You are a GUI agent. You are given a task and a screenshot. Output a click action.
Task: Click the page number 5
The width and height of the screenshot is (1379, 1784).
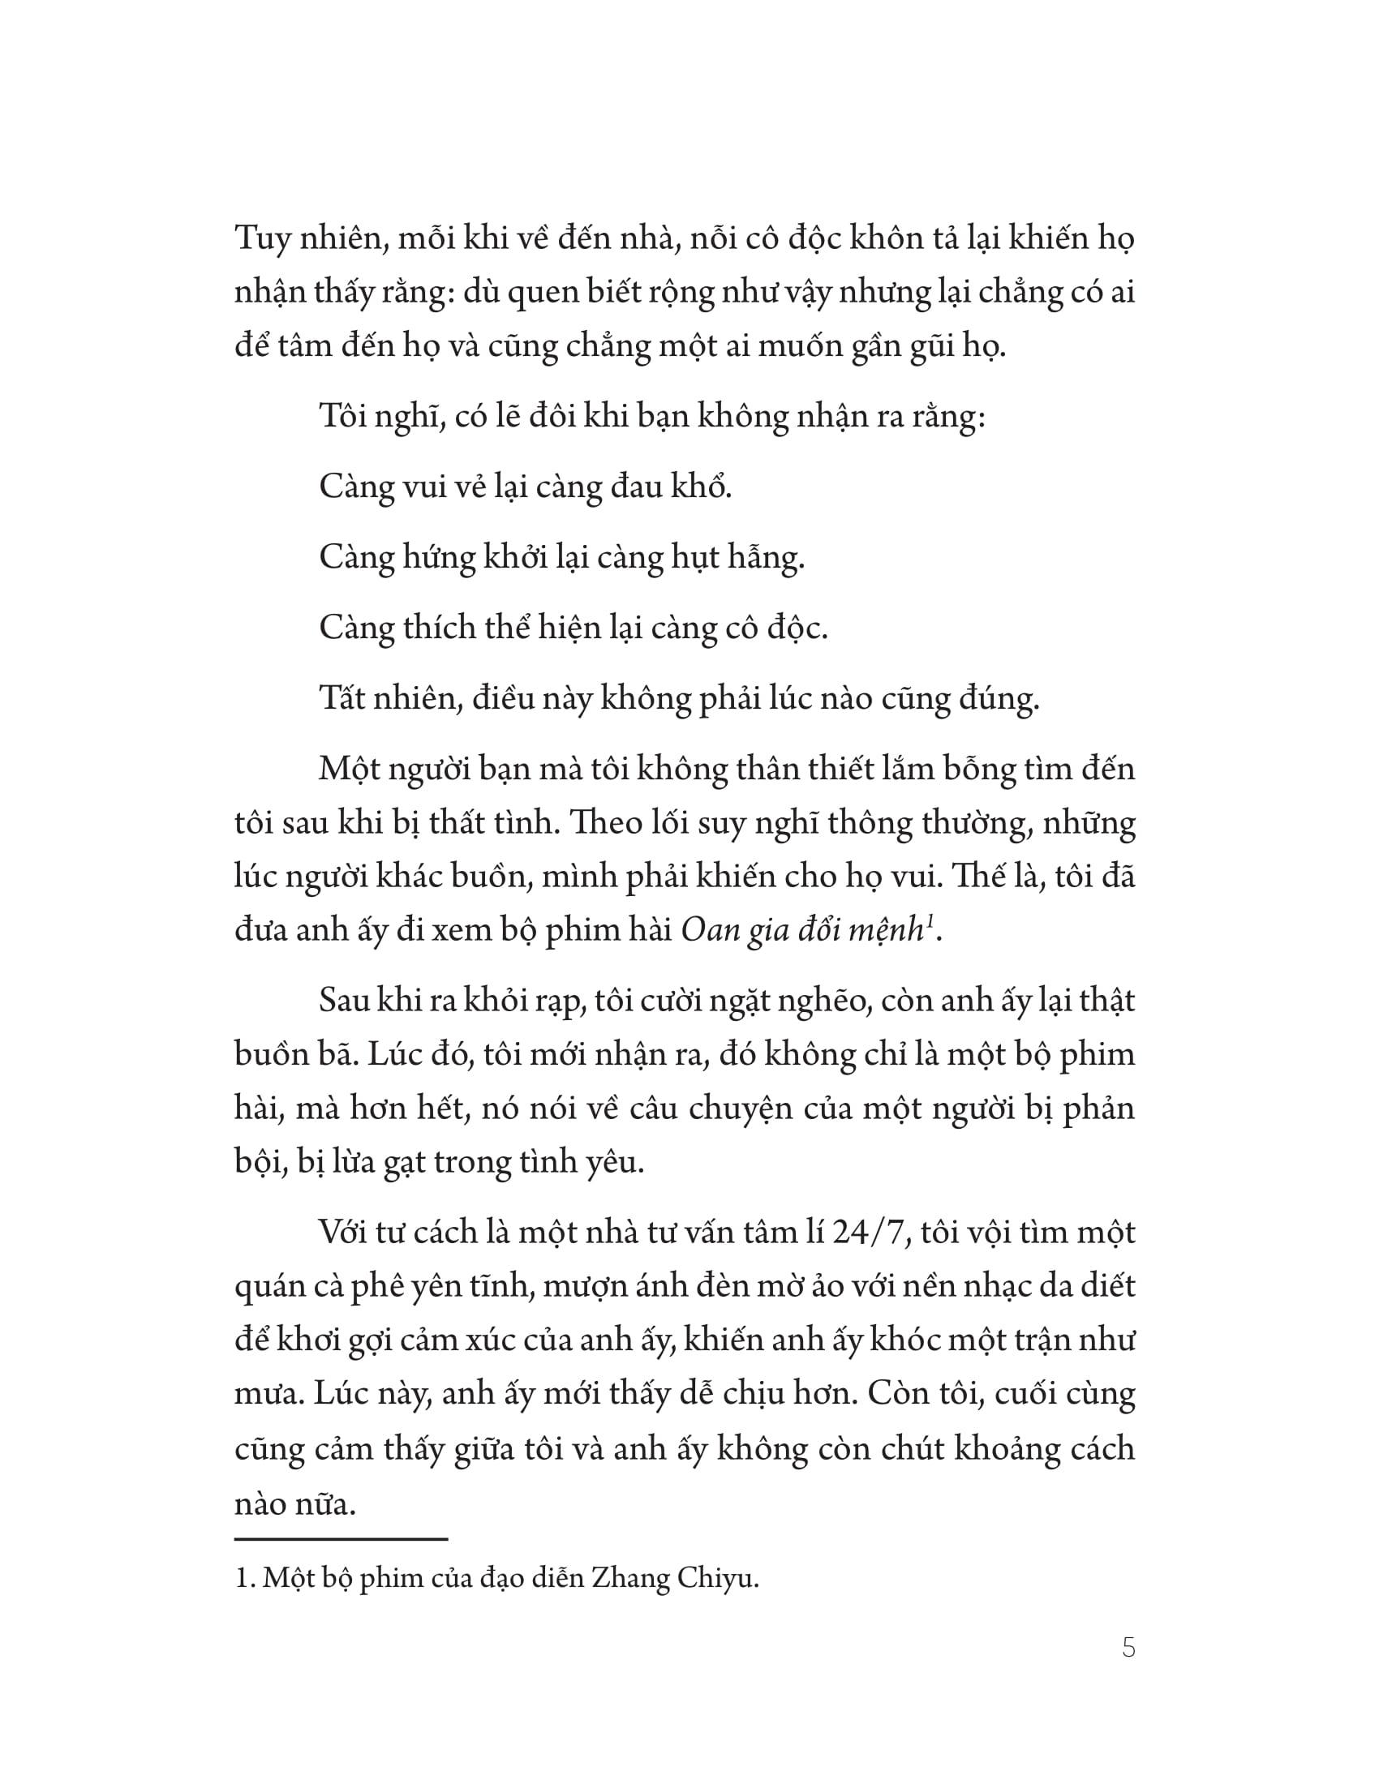1128,1648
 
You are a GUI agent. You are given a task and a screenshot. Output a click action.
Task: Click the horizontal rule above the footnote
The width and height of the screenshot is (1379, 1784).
342,1539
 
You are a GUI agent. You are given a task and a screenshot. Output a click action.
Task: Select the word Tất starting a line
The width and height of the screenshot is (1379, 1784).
342,698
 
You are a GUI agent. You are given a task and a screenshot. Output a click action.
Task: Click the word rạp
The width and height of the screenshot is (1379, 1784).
555,1001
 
